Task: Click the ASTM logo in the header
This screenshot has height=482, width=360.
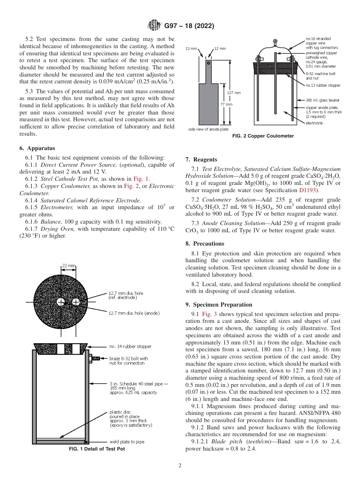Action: [x=155, y=26]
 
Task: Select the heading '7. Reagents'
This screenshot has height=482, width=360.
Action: [x=201, y=160]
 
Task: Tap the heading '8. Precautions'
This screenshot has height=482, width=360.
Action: [x=205, y=244]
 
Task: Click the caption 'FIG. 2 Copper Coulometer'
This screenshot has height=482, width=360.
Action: [x=263, y=136]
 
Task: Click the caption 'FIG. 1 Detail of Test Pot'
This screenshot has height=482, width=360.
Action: [x=97, y=449]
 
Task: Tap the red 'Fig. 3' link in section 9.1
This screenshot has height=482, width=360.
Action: [x=210, y=314]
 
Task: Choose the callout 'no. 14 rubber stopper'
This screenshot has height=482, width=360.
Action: [x=130, y=346]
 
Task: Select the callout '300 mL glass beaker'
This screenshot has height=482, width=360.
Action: [x=323, y=100]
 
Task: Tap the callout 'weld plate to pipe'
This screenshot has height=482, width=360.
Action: [x=127, y=442]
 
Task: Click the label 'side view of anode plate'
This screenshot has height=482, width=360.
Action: [x=208, y=130]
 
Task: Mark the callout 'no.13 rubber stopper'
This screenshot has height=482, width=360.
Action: [x=323, y=86]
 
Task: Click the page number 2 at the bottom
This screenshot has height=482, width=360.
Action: [x=180, y=466]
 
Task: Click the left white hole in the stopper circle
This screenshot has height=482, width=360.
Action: [x=61, y=302]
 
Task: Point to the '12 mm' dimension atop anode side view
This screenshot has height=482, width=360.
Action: [x=220, y=49]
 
